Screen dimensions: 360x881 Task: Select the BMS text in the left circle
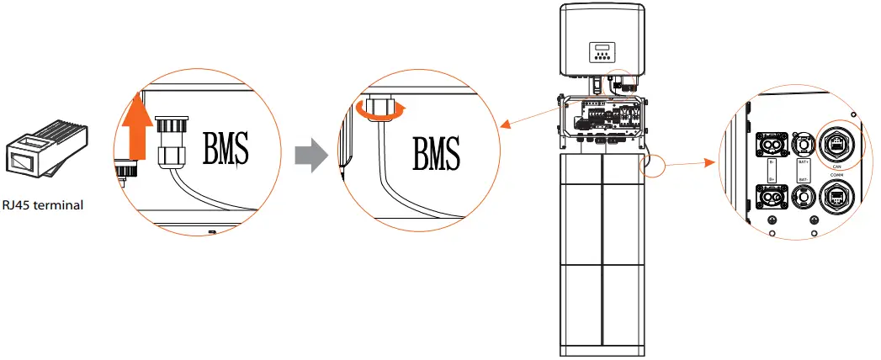tap(225, 150)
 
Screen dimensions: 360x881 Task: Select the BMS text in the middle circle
tap(436, 154)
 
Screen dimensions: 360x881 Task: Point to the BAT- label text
tap(803, 179)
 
